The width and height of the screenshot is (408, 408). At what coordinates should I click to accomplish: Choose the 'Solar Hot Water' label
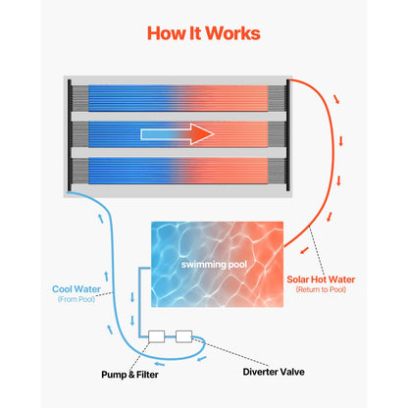[x=321, y=280]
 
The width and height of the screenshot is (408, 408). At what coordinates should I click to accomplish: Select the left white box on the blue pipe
[x=156, y=336]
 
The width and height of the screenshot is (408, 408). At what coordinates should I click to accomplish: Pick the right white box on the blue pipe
[x=184, y=336]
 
